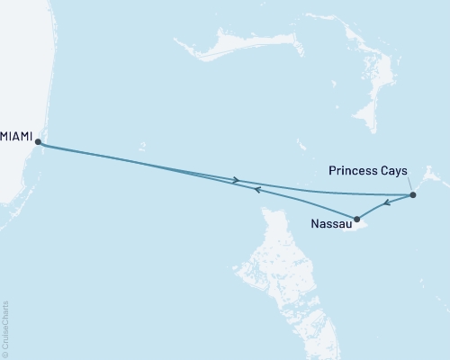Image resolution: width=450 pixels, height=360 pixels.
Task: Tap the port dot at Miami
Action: [37, 141]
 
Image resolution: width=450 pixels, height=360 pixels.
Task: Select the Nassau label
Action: [330, 223]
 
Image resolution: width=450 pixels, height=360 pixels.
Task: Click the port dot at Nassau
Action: [357, 219]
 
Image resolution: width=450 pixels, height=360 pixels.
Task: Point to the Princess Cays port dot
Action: [412, 195]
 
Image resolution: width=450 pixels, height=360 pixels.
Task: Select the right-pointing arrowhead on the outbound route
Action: [237, 180]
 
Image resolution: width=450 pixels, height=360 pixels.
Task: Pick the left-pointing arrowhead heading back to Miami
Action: [256, 190]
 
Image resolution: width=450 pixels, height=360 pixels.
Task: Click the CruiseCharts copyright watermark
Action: [6, 329]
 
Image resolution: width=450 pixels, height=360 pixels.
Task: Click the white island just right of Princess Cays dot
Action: [427, 175]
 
